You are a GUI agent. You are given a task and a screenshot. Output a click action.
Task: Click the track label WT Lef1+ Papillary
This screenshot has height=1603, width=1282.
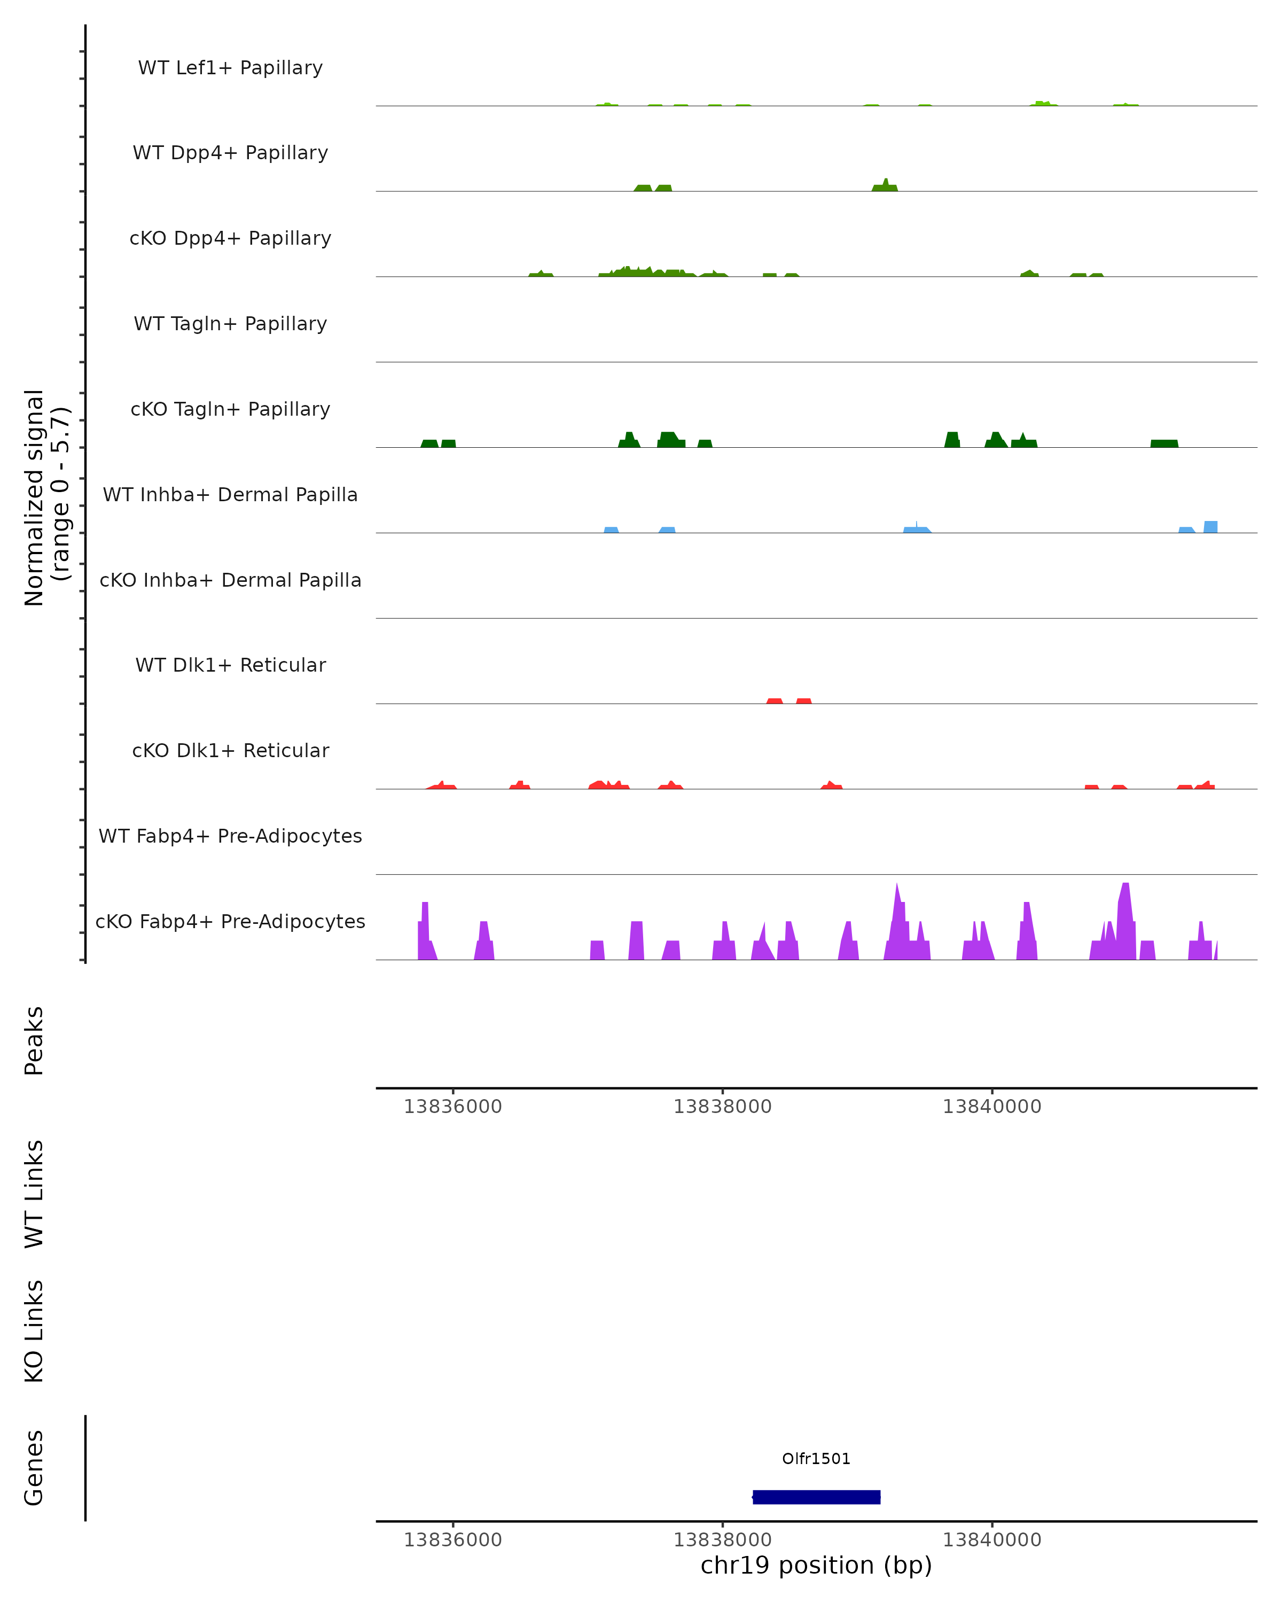(x=230, y=68)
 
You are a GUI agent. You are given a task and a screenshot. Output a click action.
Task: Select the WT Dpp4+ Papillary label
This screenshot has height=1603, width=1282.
(x=230, y=153)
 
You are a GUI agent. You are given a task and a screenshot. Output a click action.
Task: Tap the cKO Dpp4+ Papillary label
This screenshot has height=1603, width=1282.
(x=230, y=239)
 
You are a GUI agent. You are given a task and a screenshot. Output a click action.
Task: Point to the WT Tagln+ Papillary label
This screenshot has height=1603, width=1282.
(x=230, y=324)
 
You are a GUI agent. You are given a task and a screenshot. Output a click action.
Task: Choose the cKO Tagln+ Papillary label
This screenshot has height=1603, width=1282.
(x=230, y=410)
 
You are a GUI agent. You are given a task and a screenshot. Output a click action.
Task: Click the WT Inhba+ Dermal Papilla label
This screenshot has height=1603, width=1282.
(x=230, y=495)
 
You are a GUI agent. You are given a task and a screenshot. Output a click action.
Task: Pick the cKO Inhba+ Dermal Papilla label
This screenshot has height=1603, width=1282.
(x=230, y=581)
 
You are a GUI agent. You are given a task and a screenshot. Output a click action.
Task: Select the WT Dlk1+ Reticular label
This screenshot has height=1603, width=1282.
(x=230, y=665)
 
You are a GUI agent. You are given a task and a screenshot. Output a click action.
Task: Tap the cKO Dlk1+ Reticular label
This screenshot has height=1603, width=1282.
(x=230, y=751)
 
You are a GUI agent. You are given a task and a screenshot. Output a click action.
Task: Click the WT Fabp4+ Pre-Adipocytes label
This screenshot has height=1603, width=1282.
(x=230, y=836)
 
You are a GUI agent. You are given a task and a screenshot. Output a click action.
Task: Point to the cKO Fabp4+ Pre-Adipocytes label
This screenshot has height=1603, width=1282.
(x=230, y=922)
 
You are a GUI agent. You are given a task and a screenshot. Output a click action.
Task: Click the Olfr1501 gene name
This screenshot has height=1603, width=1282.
(x=816, y=1459)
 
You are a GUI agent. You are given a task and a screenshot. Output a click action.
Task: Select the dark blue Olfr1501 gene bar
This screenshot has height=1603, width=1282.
(x=816, y=1497)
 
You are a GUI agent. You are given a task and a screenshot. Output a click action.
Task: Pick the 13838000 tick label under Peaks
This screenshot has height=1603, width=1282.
(x=722, y=1107)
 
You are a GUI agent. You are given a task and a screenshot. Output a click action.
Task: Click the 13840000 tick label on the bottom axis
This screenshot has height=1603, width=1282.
(x=991, y=1540)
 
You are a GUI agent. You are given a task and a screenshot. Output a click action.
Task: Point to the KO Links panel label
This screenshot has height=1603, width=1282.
(x=34, y=1332)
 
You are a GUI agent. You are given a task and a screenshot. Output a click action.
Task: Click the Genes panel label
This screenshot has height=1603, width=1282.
(x=34, y=1468)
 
